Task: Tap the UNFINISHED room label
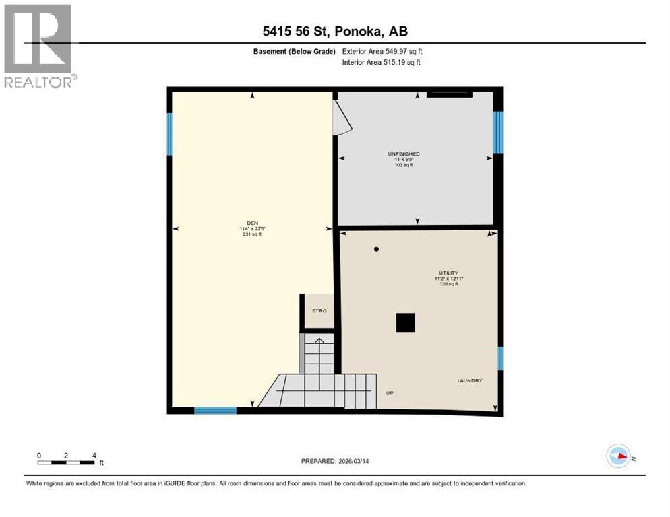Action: pos(404,154)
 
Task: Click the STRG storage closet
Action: pos(319,310)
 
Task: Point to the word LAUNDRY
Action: pos(469,381)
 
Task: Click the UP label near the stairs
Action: pos(389,393)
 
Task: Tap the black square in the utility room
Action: pos(405,323)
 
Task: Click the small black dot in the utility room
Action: pos(376,249)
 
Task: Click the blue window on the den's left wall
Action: pos(170,134)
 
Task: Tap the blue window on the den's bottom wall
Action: pos(215,410)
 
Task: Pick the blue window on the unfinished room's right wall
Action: pos(497,133)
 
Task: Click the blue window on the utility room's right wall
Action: pos(500,358)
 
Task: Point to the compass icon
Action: pos(618,456)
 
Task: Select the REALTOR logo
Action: pos(38,46)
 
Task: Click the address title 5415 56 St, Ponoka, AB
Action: pos(335,32)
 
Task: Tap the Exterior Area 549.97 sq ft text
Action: pos(382,51)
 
